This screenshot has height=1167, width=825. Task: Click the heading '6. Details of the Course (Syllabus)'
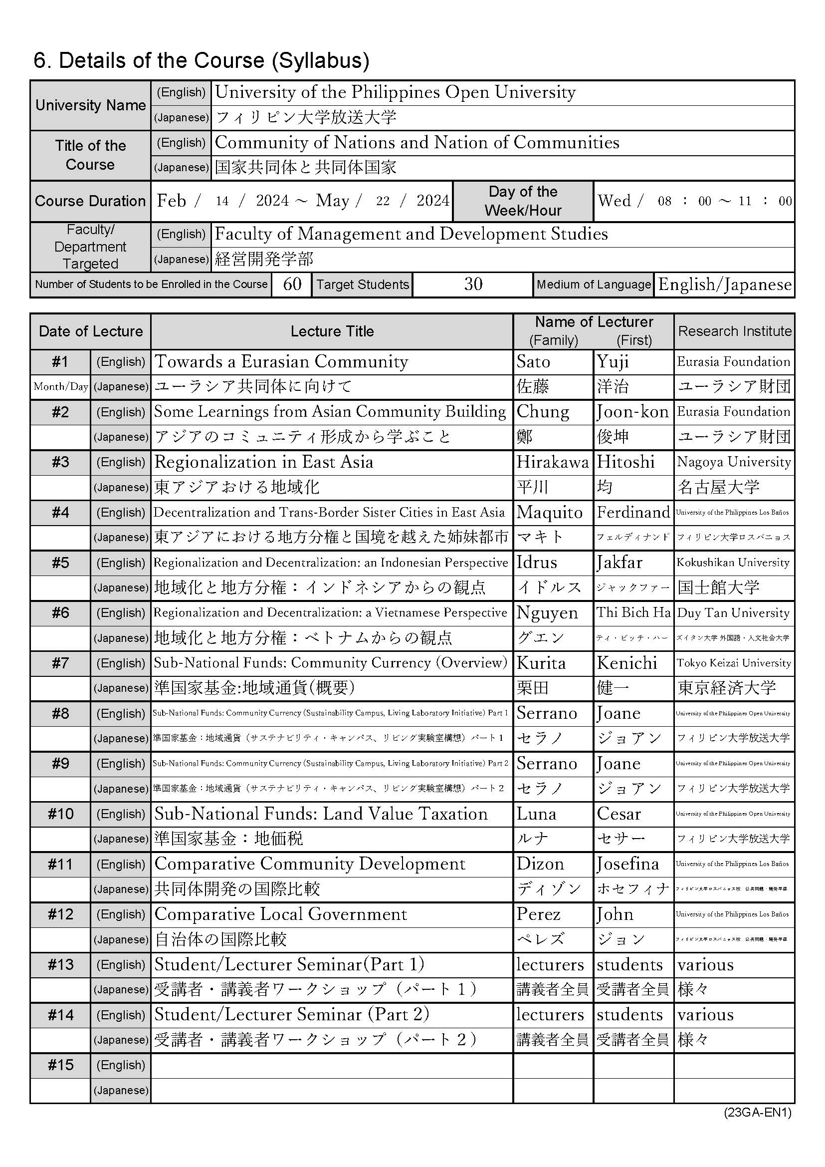201,60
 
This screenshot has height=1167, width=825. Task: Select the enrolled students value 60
292,284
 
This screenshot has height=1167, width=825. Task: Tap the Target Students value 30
473,284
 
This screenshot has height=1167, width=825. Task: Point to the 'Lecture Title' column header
332,331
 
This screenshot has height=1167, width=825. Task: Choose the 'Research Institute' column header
735,331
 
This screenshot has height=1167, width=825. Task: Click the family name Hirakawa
552,462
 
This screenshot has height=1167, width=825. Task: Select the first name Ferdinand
633,512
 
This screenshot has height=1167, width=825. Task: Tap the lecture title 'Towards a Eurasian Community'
281,362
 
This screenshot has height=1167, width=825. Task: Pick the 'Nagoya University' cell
734,462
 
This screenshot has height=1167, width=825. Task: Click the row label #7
60,663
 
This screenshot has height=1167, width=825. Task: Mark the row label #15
60,1065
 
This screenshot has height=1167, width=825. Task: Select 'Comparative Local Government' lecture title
280,914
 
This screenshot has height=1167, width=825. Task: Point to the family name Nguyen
547,613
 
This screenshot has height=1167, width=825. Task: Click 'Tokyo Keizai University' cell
734,663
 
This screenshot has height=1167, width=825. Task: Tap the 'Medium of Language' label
594,285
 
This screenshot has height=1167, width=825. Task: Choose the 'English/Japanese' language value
725,285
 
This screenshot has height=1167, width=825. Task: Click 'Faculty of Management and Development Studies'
411,234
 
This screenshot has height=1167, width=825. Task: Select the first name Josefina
627,864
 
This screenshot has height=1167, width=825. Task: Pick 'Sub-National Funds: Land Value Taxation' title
321,814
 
